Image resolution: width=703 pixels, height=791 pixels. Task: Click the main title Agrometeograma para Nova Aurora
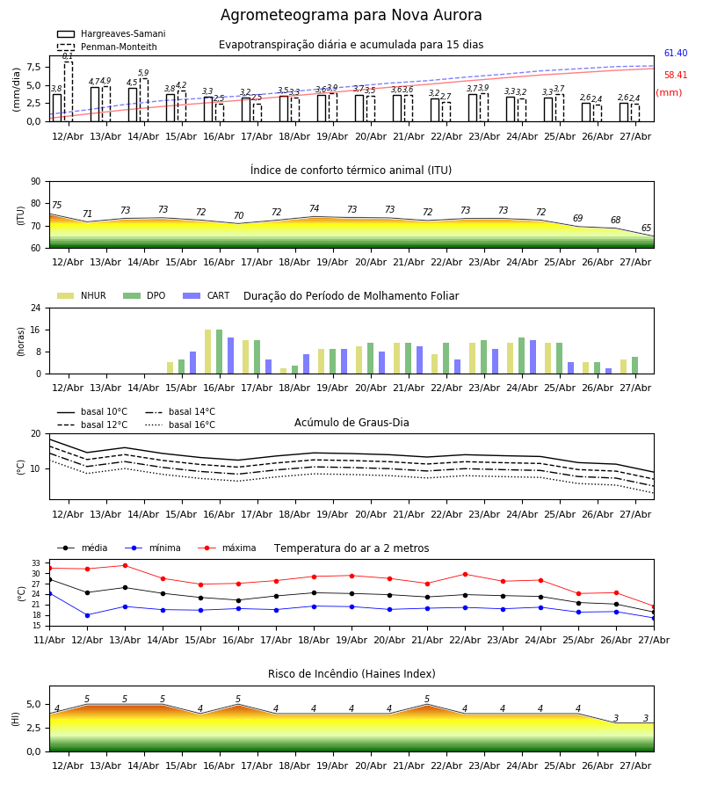click(351, 15)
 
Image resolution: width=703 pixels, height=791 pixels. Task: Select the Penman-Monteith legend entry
click(107, 47)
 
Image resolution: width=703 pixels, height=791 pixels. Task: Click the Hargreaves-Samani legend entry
click(111, 33)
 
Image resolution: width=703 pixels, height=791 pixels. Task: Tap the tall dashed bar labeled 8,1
click(68, 91)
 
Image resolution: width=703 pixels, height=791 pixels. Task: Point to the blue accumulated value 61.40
click(676, 53)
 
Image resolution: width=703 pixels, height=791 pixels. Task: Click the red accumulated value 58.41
click(676, 76)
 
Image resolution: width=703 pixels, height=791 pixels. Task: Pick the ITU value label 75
click(56, 205)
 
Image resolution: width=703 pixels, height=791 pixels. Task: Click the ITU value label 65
click(646, 228)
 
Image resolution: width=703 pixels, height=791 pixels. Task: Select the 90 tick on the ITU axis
click(36, 182)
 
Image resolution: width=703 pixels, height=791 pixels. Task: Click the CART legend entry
click(206, 295)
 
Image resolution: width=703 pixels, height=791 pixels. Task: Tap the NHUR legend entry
click(81, 295)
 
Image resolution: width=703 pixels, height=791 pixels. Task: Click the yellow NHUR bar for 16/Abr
click(207, 352)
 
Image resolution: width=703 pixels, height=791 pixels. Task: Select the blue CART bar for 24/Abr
click(533, 357)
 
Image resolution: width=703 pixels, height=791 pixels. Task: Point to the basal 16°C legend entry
click(180, 425)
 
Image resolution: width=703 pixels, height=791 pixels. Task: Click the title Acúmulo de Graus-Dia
click(351, 423)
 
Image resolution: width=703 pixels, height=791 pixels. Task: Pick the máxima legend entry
click(227, 548)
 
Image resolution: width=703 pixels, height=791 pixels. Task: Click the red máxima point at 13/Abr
click(125, 565)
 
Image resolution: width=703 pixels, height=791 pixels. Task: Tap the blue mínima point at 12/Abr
click(87, 615)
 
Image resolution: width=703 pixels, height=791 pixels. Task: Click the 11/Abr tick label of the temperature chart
click(49, 640)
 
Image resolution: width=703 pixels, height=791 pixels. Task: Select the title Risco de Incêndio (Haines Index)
click(351, 674)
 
